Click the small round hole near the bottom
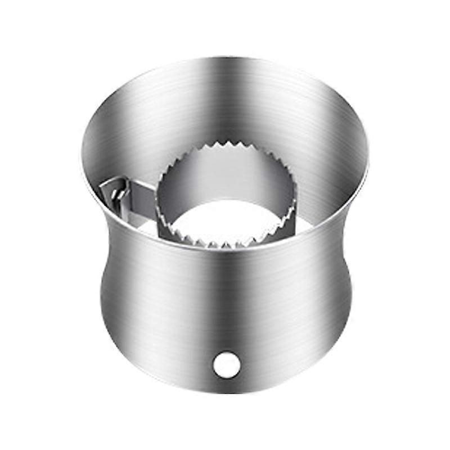pos(226,364)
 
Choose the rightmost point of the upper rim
pos(370,157)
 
